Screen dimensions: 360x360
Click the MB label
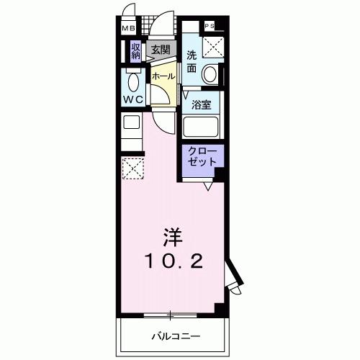coord(127,28)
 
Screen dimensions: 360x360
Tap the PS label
coord(210,26)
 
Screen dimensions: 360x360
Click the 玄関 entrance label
coord(161,50)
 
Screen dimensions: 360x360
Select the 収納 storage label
coord(135,51)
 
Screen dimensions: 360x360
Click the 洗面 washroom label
coord(192,62)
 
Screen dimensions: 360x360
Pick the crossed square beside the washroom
coord(213,45)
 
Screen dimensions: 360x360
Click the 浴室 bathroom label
coord(201,104)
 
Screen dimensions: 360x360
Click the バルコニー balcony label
coord(175,336)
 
